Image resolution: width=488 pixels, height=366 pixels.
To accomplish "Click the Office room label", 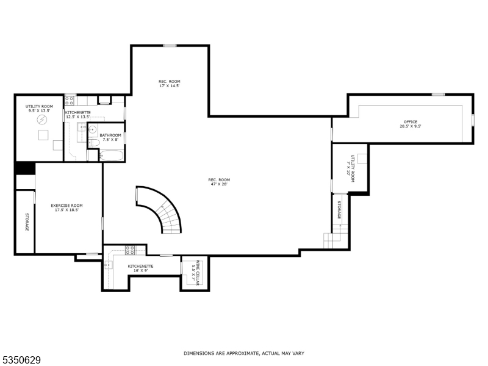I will (410, 124).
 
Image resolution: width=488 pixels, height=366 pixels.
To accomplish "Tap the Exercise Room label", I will (66, 207).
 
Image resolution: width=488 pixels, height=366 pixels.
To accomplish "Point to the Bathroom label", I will (110, 137).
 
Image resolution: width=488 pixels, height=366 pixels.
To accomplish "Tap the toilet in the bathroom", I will (93, 143).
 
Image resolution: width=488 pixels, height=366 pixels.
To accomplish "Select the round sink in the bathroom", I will (93, 129).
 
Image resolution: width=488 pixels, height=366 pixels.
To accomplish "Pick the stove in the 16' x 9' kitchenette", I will (130, 249).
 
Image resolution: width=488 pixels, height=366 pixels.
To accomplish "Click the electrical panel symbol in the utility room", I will (43, 120).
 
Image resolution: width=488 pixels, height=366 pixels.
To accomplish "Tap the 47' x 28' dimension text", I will (219, 184).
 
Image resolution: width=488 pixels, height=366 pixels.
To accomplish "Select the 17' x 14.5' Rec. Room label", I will (169, 84).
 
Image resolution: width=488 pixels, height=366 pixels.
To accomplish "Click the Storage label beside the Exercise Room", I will (27, 221).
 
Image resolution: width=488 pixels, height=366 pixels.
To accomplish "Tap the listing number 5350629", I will (21, 361).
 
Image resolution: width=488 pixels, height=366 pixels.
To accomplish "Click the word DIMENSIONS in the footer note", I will (199, 353).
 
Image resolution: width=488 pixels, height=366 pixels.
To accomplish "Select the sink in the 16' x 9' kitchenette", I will (108, 265).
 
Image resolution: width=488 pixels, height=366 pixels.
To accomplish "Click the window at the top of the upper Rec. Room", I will (170, 45).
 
